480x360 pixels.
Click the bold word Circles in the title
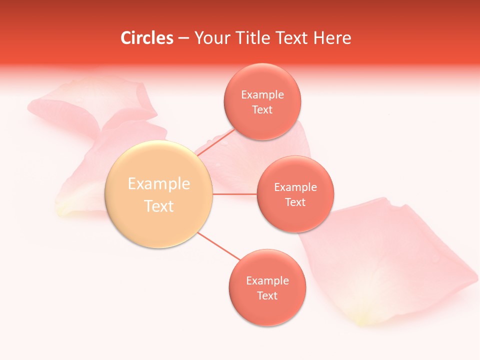pos(147,38)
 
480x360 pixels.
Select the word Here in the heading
pos(332,38)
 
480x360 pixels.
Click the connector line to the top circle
pos(216,142)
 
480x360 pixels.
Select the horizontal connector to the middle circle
pos(234,194)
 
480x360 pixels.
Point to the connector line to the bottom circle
pos(219,246)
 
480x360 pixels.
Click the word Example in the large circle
pos(159,184)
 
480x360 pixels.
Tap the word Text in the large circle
pos(159,206)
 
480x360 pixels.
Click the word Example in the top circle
pos(262,95)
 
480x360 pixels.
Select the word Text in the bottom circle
pos(267,295)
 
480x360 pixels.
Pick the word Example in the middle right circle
pos(295,187)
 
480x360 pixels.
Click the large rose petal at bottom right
pos(395,260)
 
